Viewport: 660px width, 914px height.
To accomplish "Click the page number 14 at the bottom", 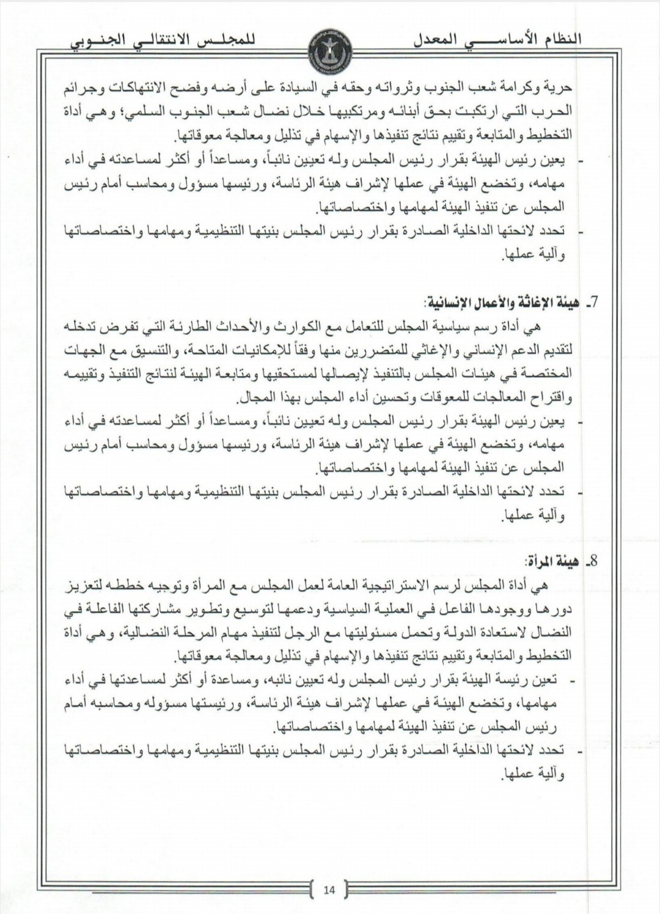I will tap(329, 890).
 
